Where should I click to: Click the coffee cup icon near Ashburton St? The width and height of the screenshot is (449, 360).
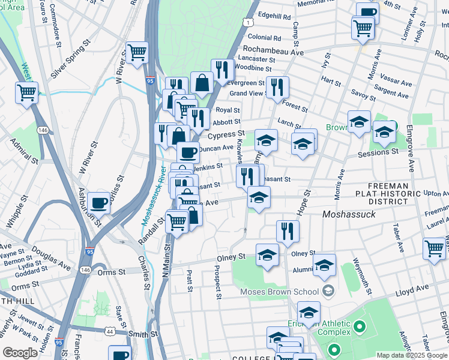pyautogui.click(x=98, y=202)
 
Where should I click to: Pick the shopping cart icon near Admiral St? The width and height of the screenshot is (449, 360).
pyautogui.click(x=26, y=93)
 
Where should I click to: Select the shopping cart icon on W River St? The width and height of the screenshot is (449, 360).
pyautogui.click(x=137, y=53)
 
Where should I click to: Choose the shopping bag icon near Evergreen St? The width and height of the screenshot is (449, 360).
pyautogui.click(x=202, y=83)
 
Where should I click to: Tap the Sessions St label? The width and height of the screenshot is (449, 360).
pyautogui.click(x=377, y=153)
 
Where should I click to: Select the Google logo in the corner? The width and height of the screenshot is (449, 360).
pyautogui.click(x=20, y=353)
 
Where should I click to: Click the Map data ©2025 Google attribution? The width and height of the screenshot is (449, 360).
pyautogui.click(x=411, y=355)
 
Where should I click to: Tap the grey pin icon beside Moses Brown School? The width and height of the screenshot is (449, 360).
pyautogui.click(x=328, y=292)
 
